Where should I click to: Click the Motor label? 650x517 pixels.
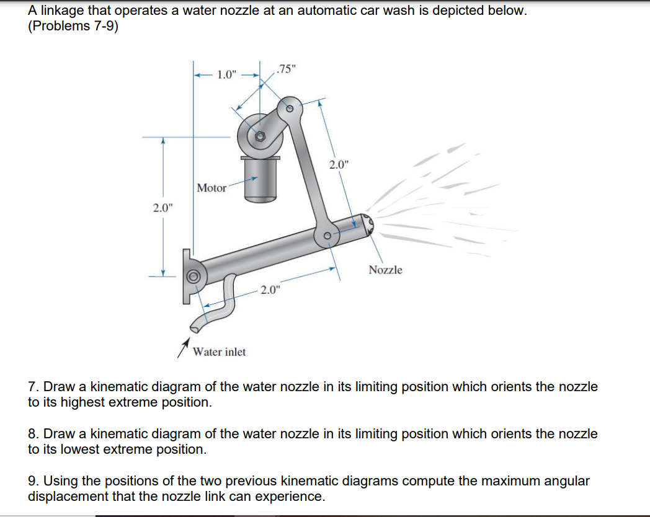(x=211, y=188)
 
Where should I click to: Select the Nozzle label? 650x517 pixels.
(x=385, y=270)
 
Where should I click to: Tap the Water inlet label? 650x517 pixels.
(x=219, y=351)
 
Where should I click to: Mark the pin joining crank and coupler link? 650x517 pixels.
(x=288, y=107)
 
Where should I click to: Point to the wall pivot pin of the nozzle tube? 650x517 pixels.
(x=193, y=276)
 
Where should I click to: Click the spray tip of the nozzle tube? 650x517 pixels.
(x=368, y=224)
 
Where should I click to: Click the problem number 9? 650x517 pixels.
(x=32, y=480)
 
